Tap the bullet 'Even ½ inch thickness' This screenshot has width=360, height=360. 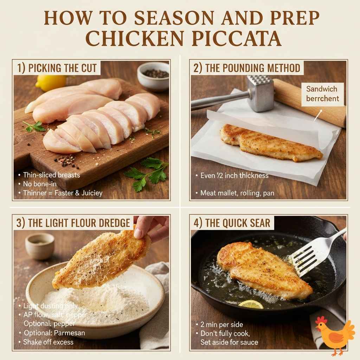point(234,175)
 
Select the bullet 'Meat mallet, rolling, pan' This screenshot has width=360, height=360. point(237,193)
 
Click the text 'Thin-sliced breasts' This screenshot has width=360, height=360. point(51,175)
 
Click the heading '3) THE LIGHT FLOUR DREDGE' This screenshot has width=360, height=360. point(73,223)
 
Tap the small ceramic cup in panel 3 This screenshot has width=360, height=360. point(39,245)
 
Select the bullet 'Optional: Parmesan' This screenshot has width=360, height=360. point(54,333)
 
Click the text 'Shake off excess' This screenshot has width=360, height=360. point(48,342)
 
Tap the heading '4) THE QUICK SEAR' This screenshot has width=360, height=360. point(232,223)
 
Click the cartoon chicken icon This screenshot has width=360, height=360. point(334,335)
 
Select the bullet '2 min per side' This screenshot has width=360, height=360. point(221,324)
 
